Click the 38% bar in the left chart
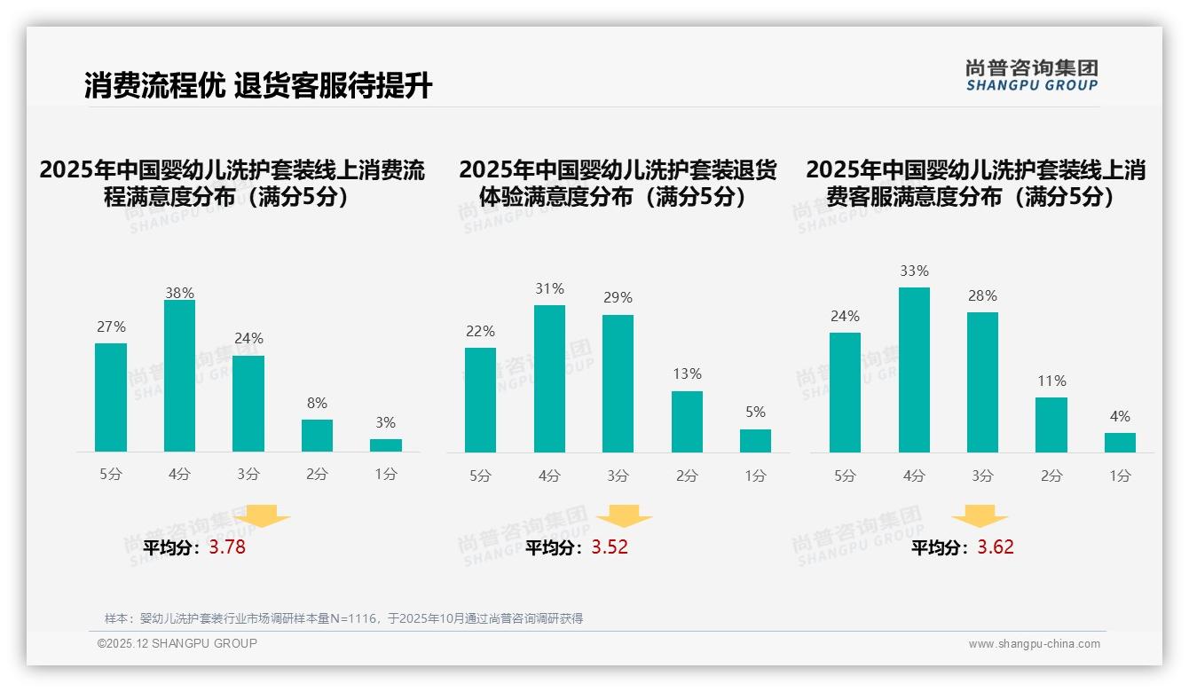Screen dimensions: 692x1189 179,376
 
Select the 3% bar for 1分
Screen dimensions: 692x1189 386,445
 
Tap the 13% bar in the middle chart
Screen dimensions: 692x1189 687,421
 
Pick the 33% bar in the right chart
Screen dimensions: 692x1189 914,370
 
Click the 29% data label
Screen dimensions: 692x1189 618,298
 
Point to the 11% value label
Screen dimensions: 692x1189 1051,381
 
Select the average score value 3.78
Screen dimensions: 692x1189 227,547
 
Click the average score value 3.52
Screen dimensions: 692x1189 610,547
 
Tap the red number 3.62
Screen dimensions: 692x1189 996,547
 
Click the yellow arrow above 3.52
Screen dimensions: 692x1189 624,516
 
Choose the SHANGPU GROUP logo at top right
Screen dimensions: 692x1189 1031,75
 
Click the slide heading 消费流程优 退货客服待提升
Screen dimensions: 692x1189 258,86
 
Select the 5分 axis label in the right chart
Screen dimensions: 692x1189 845,476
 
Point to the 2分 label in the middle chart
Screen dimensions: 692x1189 687,476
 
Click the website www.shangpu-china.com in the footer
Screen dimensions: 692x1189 1034,644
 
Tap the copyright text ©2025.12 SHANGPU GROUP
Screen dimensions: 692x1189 177,643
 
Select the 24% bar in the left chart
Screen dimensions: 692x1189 248,404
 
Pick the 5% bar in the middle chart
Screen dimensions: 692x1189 755,441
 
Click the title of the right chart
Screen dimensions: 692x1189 975,183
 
